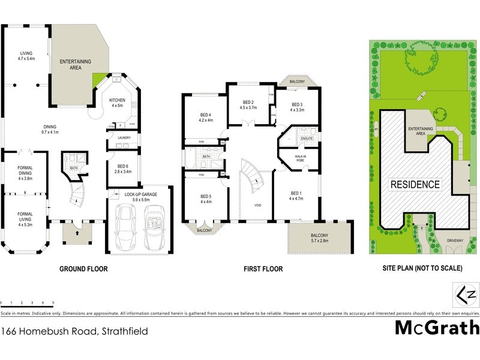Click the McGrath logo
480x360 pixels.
(x=437, y=328)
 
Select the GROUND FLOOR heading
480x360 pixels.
(x=83, y=269)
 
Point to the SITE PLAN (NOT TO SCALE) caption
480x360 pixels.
(x=418, y=269)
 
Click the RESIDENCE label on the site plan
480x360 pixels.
(x=416, y=184)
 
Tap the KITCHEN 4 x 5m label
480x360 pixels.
(x=117, y=103)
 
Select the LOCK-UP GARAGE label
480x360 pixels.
(x=141, y=196)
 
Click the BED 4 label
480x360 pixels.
(x=205, y=117)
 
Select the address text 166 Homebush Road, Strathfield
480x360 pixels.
(x=74, y=331)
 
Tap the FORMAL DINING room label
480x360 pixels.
(x=25, y=175)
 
